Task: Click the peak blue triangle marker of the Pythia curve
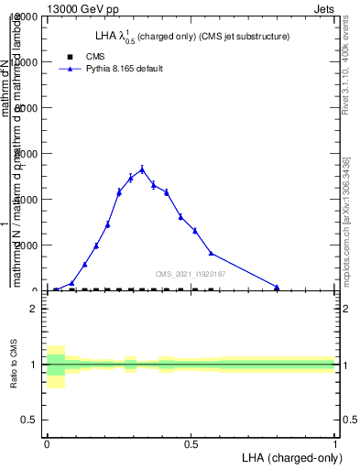click(142, 169)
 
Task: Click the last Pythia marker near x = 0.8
click(277, 287)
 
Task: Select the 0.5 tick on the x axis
click(191, 443)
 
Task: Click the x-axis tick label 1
click(336, 443)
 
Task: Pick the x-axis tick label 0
click(46, 443)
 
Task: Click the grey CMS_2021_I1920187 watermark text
click(190, 274)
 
